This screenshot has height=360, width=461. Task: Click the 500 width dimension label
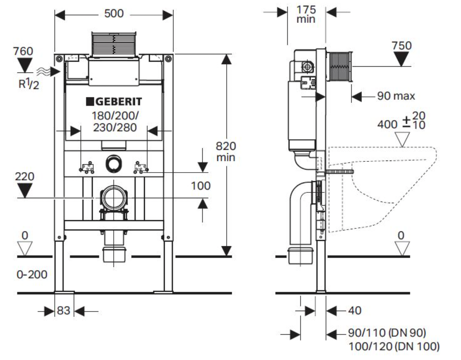click(x=114, y=14)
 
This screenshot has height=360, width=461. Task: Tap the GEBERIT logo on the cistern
click(x=114, y=102)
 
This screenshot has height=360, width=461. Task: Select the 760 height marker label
click(x=23, y=51)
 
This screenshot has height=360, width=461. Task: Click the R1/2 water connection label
click(x=29, y=84)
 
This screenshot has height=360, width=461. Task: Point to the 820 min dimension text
click(x=226, y=151)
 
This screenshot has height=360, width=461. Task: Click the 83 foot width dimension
click(x=63, y=310)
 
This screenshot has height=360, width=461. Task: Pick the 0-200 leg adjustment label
click(x=32, y=274)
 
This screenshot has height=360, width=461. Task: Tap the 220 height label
click(x=24, y=176)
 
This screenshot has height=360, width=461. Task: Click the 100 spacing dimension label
click(x=201, y=186)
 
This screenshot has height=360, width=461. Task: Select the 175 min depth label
click(x=306, y=14)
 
